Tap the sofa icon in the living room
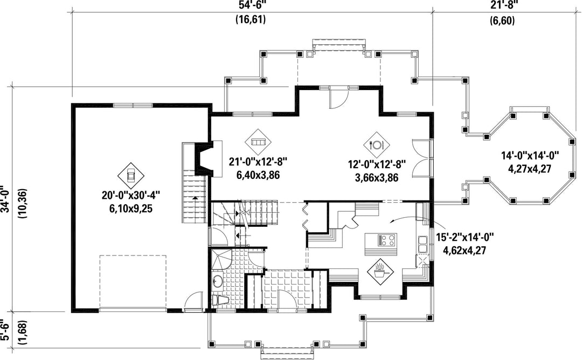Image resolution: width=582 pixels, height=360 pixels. [x=258, y=142]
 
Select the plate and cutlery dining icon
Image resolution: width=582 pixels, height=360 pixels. [x=377, y=144]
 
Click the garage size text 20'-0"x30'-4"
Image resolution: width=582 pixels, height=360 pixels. [x=131, y=195]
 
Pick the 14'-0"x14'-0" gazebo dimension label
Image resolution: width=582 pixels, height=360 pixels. [x=530, y=156]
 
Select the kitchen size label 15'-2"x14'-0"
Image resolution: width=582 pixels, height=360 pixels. [x=465, y=237]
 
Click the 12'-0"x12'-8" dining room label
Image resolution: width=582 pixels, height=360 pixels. [x=377, y=164]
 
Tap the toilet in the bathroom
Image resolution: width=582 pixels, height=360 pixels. [x=220, y=300]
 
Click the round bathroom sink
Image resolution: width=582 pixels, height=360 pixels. [x=218, y=281]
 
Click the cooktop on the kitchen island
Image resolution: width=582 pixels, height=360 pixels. [x=387, y=240]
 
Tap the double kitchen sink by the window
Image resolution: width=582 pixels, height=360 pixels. [x=423, y=244]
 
